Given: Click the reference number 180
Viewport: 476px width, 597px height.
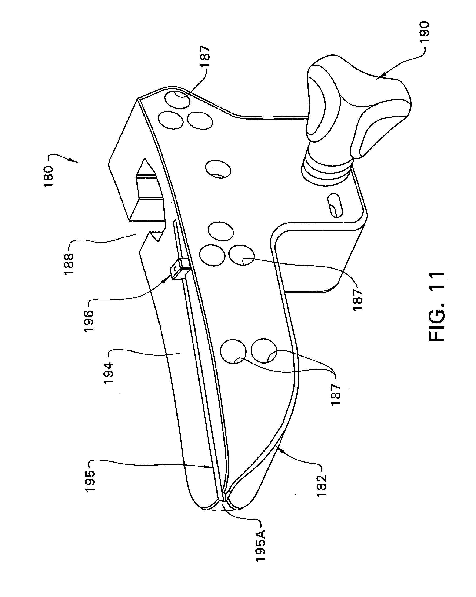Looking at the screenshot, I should tap(49, 176).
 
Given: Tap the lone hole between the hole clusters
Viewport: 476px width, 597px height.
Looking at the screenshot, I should tap(218, 169).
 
